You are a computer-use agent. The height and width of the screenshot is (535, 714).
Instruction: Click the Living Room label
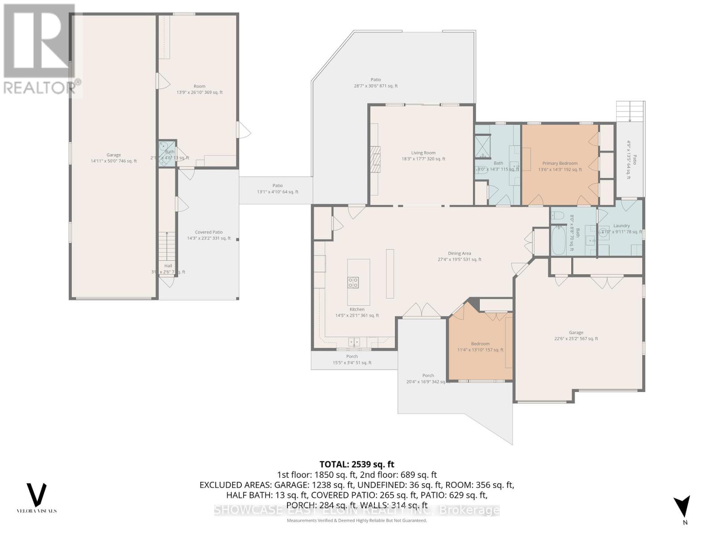(423, 153)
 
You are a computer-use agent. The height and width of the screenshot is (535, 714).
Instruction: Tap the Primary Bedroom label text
(560, 164)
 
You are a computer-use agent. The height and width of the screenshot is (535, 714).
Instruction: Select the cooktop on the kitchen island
(353, 282)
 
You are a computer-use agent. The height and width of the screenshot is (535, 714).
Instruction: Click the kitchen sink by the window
(354, 342)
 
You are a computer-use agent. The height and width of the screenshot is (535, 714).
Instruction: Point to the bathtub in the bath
(558, 240)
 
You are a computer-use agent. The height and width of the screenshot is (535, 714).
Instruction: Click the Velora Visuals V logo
(37, 494)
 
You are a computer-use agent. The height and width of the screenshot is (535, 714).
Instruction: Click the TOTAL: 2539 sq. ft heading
(357, 465)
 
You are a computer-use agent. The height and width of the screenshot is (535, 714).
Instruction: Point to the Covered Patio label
(208, 232)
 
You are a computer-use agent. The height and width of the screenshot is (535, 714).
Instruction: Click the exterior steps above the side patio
(630, 111)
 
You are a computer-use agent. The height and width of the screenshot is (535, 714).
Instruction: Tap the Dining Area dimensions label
(459, 259)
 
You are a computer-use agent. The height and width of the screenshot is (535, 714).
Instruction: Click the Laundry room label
(621, 226)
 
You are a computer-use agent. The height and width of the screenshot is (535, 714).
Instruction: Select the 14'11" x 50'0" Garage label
(113, 158)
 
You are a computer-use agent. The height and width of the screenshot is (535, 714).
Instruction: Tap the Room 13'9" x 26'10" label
(199, 90)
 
